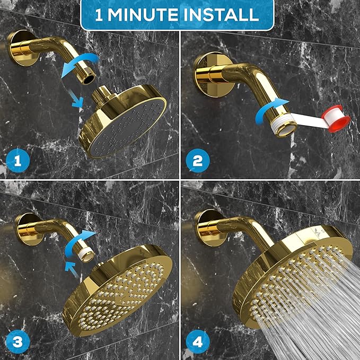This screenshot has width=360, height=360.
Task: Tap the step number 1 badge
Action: point(17,160)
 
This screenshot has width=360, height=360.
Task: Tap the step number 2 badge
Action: point(198,160)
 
